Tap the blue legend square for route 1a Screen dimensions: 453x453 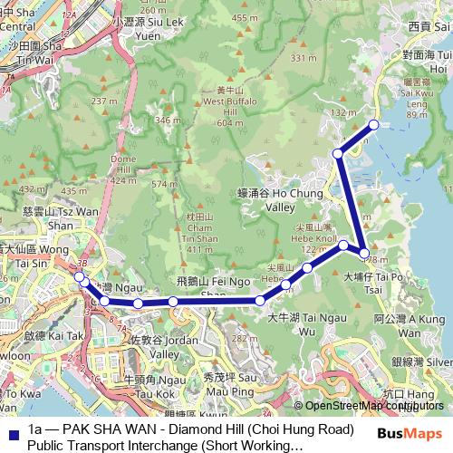13,430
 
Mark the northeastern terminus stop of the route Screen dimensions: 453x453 372,125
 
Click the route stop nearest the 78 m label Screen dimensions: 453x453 364,254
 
